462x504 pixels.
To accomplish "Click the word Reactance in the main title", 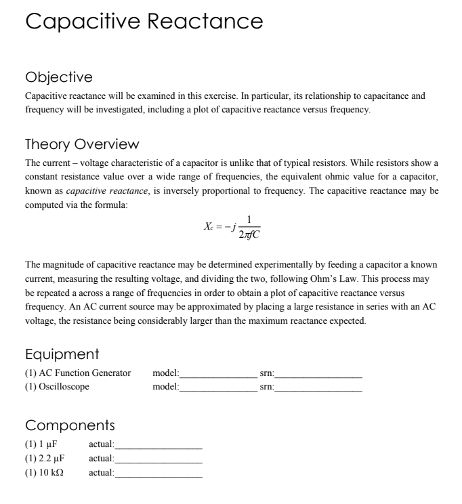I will pyautogui.click(x=205, y=22).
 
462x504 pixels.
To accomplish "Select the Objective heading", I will pyautogui.click(x=58, y=77).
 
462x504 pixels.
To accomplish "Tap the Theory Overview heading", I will pyautogui.click(x=82, y=144).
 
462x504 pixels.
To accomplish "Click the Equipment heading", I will pyautogui.click(x=62, y=354).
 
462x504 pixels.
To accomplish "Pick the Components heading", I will pyautogui.click(x=70, y=425).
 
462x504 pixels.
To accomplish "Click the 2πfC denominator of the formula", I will pyautogui.click(x=249, y=235).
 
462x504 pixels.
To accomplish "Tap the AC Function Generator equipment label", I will pyautogui.click(x=78, y=373).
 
